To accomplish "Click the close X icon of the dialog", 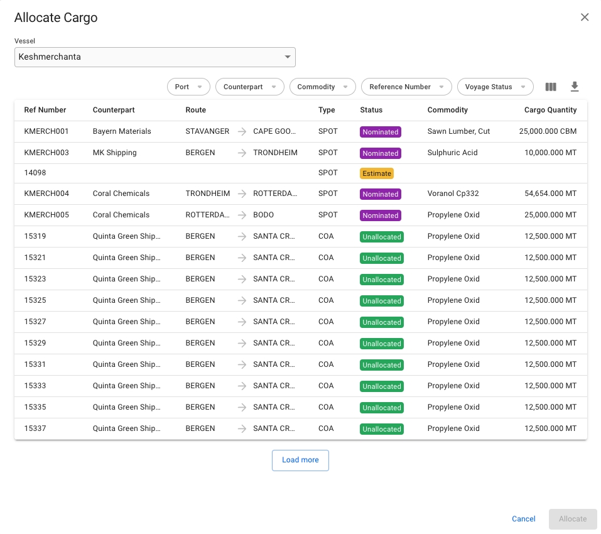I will [585, 18].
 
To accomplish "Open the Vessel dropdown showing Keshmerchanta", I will [154, 57].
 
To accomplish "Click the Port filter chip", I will [188, 87].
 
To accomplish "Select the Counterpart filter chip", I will [249, 87].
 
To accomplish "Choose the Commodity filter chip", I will [322, 87].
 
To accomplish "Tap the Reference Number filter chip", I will [406, 87].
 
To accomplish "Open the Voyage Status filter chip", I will [495, 87].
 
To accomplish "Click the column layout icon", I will [551, 87].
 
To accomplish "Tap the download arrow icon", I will [574, 87].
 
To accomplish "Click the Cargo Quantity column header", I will [550, 110].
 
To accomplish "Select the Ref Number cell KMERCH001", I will [46, 132].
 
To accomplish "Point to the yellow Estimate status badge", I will [377, 173].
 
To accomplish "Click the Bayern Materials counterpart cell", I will [122, 132].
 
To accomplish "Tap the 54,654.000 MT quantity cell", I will [550, 193].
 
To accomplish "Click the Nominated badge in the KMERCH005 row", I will [380, 215].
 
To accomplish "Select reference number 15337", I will [35, 428].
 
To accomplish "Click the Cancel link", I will [524, 519].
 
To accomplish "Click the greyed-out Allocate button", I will [573, 519].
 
